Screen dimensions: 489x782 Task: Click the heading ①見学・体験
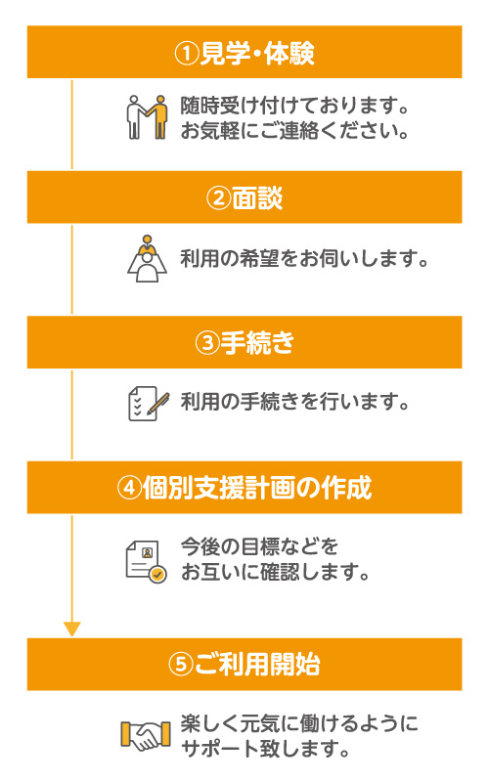(244, 53)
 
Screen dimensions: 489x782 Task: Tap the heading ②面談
(244, 198)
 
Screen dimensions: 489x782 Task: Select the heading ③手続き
(244, 343)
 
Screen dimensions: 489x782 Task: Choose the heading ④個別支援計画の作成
(244, 488)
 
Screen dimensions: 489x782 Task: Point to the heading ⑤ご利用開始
(244, 665)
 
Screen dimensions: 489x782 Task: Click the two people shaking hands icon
(146, 117)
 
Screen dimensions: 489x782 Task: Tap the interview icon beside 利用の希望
(147, 259)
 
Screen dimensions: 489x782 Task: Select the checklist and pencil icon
(149, 404)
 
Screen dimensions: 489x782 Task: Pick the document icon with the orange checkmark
(146, 561)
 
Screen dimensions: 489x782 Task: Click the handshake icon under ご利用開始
(146, 735)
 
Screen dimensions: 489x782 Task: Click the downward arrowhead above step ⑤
(71, 630)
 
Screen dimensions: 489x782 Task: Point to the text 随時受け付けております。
(295, 106)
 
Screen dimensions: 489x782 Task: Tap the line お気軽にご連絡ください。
(295, 131)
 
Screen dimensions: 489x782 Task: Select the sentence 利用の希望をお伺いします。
(304, 259)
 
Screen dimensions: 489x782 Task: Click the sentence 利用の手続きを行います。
(295, 402)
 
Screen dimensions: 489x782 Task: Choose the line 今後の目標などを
(259, 546)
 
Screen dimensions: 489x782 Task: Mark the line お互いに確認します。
(275, 572)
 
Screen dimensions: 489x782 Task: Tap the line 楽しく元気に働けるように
(299, 723)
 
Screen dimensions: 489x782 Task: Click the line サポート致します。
(265, 749)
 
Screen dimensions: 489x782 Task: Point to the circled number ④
(129, 488)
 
